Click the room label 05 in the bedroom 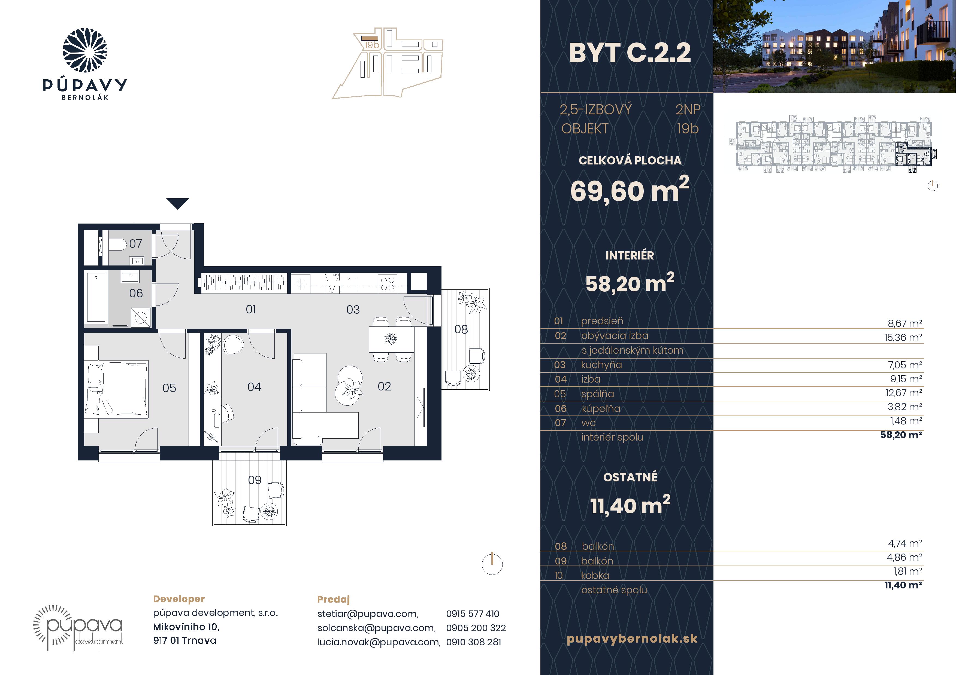[x=169, y=388]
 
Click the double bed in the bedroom [x=117, y=388]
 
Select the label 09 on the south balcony [x=255, y=480]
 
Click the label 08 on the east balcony [x=461, y=329]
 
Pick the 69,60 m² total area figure [x=630, y=190]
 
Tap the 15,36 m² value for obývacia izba [x=903, y=337]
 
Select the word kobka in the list [x=595, y=576]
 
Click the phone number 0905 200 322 [x=476, y=628]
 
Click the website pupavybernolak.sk [x=632, y=639]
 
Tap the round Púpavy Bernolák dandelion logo [x=85, y=50]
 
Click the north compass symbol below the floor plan [x=492, y=564]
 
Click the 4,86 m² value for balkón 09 [x=905, y=557]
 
